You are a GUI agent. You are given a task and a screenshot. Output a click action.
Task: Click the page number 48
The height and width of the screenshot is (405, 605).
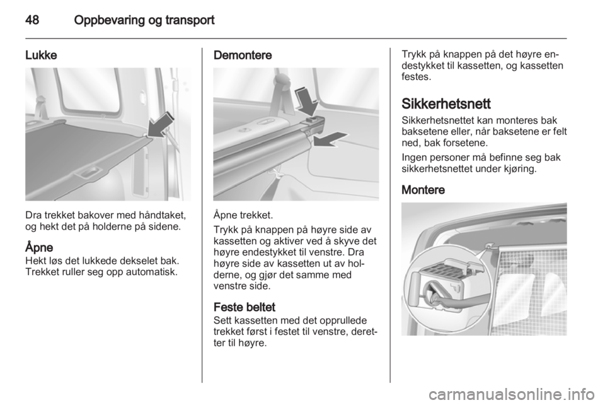pos(32,20)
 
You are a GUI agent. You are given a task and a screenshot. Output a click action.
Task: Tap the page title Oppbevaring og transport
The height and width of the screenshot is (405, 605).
pos(144,20)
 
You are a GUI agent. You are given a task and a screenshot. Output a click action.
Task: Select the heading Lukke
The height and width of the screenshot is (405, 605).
pos(41,56)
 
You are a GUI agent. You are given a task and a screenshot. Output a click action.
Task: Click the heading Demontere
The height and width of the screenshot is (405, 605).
pos(242,56)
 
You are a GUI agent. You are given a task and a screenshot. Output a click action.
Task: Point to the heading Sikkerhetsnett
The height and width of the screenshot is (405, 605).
pos(446,104)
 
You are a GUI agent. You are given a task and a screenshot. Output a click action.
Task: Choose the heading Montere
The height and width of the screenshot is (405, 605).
pos(423,190)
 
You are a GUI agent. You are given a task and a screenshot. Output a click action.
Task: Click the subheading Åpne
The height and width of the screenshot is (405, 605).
pos(39,247)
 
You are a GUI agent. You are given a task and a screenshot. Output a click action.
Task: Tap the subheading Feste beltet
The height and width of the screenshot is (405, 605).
pos(245,307)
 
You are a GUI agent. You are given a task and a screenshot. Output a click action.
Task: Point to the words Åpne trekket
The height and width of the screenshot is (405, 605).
pos(243,215)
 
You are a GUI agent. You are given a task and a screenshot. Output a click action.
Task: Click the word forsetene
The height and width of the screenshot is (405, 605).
pos(464,143)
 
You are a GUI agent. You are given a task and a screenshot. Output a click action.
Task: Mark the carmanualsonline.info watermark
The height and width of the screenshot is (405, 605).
pos(514,394)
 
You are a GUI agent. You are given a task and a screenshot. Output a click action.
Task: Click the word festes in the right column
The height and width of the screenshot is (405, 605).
pos(416,76)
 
